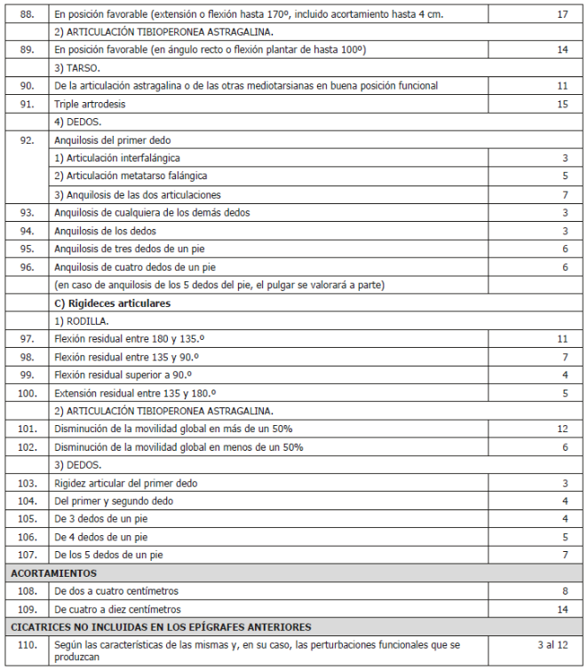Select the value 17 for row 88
562,15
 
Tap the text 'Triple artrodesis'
90,105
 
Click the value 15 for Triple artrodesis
562,105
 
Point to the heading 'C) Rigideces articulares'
112,303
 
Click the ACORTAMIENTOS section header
54,573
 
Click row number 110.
27,644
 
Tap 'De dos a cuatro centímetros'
115,591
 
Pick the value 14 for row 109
562,609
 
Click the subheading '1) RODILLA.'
82,321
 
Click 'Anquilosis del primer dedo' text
112,140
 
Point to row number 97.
27,339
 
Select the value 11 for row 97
562,339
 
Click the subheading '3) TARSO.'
76,68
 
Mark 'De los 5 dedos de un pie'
107,556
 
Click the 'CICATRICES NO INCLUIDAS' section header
161,627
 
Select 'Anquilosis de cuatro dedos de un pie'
135,267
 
